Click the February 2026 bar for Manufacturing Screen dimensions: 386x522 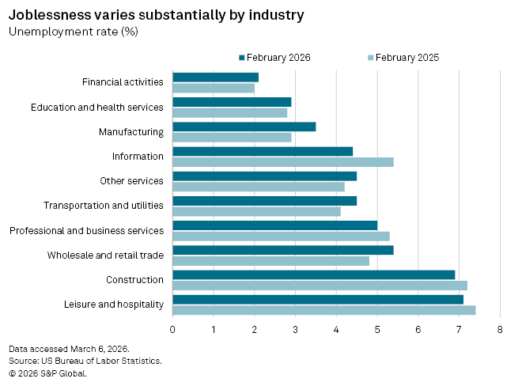[244, 127]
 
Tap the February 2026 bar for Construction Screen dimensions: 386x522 [313, 274]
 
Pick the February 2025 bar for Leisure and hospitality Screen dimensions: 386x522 [323, 310]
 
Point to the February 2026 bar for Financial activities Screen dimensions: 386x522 [215, 77]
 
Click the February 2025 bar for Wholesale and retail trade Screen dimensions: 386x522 [270, 261]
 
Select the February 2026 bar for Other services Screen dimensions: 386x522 [264, 176]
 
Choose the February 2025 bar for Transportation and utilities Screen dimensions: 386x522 [256, 211]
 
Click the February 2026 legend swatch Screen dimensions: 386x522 [241, 57]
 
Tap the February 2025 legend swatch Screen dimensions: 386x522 [370, 57]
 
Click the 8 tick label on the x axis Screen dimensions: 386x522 [500, 328]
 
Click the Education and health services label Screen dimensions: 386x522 [96, 107]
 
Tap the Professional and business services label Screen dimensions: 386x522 [86, 230]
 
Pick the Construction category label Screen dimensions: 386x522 [134, 279]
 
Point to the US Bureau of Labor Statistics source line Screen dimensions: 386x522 [85, 361]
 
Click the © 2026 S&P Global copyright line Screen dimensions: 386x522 [47, 373]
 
